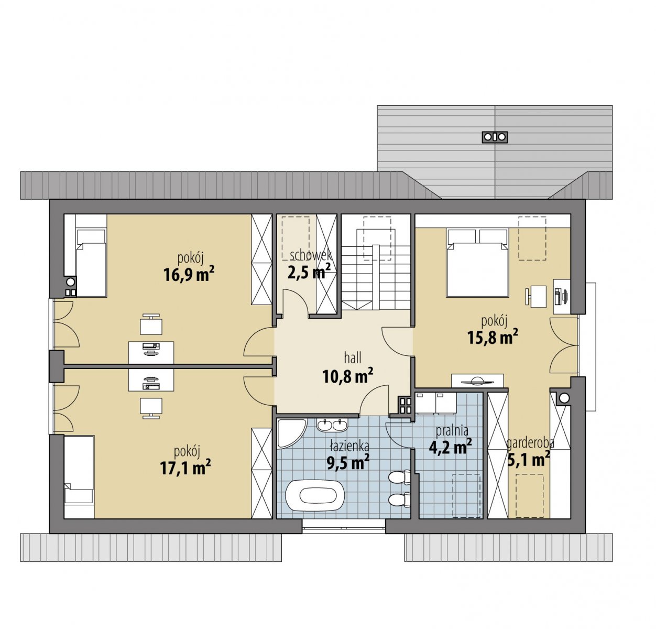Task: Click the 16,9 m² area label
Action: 189,275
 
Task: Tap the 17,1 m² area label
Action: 185,468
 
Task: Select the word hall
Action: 353,357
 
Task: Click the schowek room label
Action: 311,255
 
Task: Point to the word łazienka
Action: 349,446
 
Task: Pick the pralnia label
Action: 452,431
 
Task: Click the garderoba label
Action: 530,443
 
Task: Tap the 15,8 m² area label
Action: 493,337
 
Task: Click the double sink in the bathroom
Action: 332,425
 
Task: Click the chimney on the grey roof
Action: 495,137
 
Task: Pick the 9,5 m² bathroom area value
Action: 348,462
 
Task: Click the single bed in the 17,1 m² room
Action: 79,477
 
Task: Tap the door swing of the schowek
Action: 294,302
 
